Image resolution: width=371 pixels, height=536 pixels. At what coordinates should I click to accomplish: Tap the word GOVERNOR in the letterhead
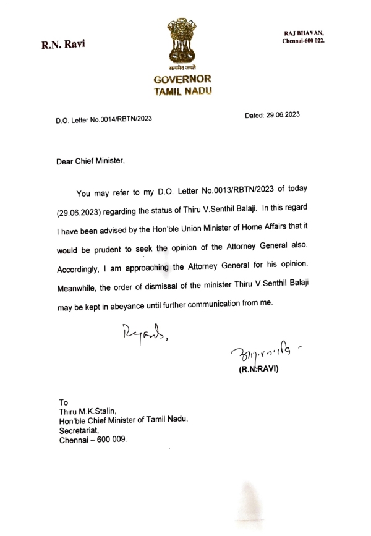point(183,80)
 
